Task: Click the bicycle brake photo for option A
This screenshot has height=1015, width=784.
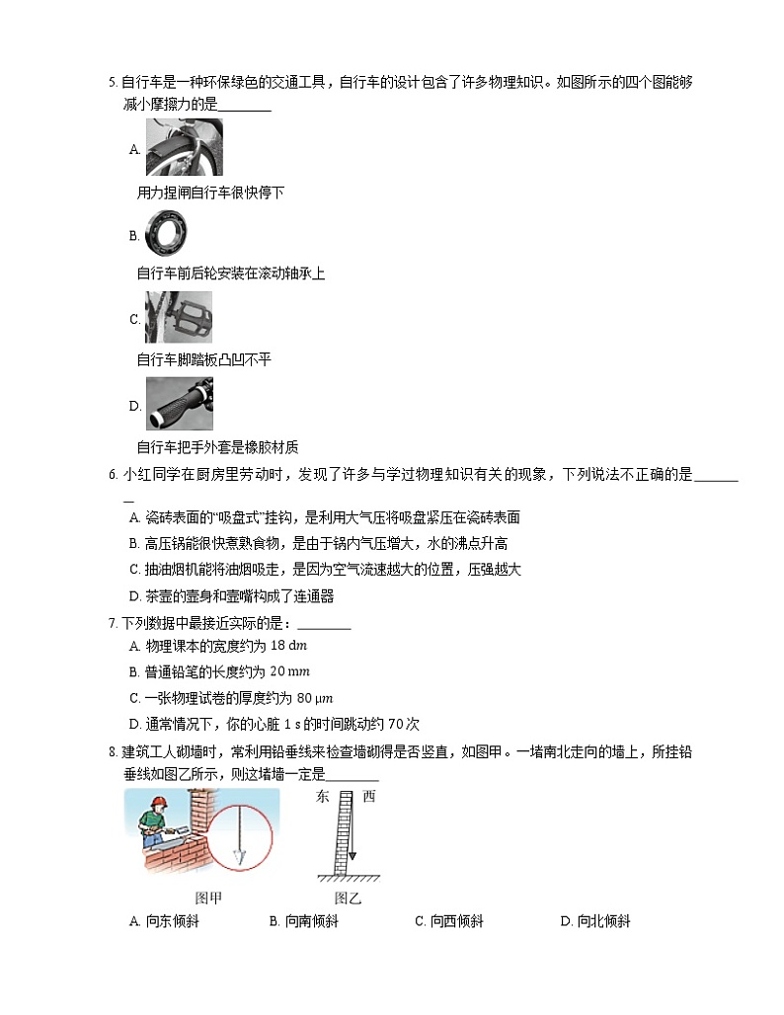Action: tap(184, 148)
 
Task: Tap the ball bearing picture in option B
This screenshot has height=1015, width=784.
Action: tap(167, 235)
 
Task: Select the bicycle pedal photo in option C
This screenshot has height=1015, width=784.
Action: tap(178, 317)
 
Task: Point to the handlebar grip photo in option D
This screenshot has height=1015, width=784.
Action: tap(179, 403)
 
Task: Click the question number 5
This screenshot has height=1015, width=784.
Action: tap(112, 82)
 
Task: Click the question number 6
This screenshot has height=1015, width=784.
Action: tap(112, 475)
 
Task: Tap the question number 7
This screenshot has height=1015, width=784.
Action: tap(112, 624)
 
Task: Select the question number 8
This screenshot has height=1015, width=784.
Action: tap(112, 752)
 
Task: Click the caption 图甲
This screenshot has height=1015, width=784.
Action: tap(208, 898)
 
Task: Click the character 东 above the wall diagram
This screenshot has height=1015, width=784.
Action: tap(323, 796)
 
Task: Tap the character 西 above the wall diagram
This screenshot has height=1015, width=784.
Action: tap(368, 796)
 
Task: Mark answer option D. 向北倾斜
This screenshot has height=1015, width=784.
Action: tap(594, 922)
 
